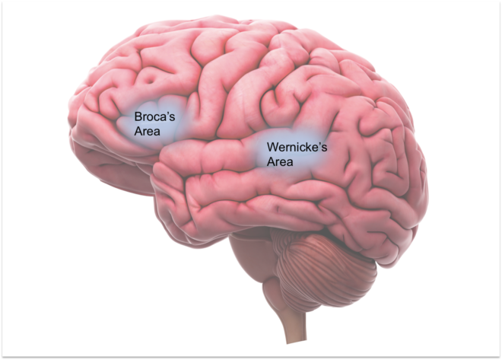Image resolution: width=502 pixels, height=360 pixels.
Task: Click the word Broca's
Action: coord(154,116)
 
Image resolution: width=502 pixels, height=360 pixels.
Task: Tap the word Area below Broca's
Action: coord(147,132)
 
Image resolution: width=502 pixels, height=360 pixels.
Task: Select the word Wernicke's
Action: coord(297,147)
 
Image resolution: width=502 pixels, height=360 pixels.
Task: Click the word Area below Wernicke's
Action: coord(280,162)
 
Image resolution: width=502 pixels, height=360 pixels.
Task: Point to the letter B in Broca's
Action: coord(138,116)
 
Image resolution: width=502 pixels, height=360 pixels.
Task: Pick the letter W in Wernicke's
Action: coord(272,147)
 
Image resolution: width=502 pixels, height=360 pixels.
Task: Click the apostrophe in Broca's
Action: coord(168,113)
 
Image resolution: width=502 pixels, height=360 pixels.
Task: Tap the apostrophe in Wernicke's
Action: coord(319,144)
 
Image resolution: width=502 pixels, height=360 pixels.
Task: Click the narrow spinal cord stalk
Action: coord(293,323)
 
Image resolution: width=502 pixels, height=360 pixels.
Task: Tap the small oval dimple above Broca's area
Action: coord(149,78)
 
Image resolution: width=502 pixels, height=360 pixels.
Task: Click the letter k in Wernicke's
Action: coord(307,147)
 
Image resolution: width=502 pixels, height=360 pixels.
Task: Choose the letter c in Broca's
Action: coord(157,118)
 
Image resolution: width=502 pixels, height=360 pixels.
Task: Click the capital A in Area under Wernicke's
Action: coord(271,162)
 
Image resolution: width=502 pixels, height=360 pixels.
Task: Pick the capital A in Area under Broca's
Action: coord(138,132)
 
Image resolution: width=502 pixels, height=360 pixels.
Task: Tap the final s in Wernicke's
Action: coord(324,148)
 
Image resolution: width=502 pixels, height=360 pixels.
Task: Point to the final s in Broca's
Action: coord(172,118)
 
